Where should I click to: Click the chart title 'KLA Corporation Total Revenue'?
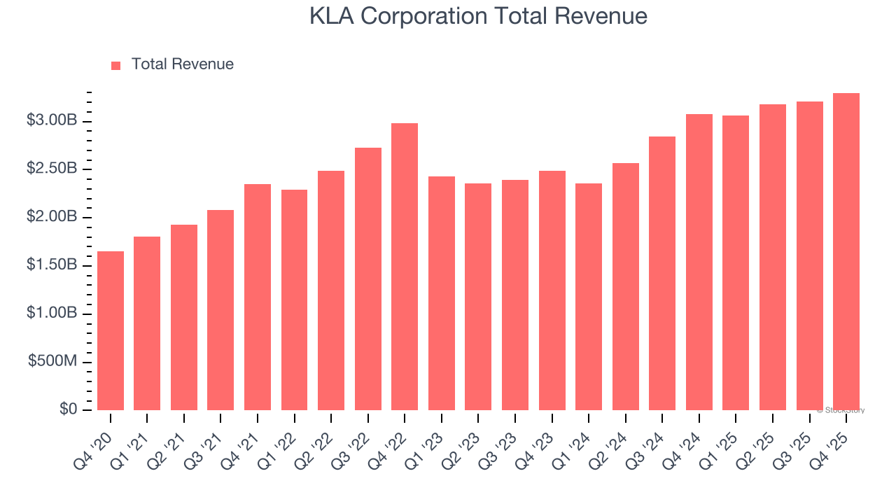(x=478, y=17)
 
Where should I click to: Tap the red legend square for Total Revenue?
(x=116, y=65)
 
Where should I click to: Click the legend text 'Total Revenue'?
(x=182, y=64)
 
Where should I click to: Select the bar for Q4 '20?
(x=111, y=330)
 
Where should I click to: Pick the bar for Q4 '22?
(x=405, y=267)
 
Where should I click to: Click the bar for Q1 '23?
(x=442, y=293)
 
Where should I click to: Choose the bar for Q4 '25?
(x=846, y=252)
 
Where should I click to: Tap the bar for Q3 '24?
(x=662, y=273)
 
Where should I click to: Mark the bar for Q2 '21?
(x=184, y=317)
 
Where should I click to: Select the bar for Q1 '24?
(x=589, y=297)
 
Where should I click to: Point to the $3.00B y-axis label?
(x=52, y=121)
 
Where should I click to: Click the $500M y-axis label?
(x=52, y=362)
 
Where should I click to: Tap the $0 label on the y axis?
(x=68, y=409)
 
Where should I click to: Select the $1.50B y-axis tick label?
(x=52, y=265)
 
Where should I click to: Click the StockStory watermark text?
(x=841, y=410)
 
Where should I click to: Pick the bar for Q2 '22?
(x=331, y=290)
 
